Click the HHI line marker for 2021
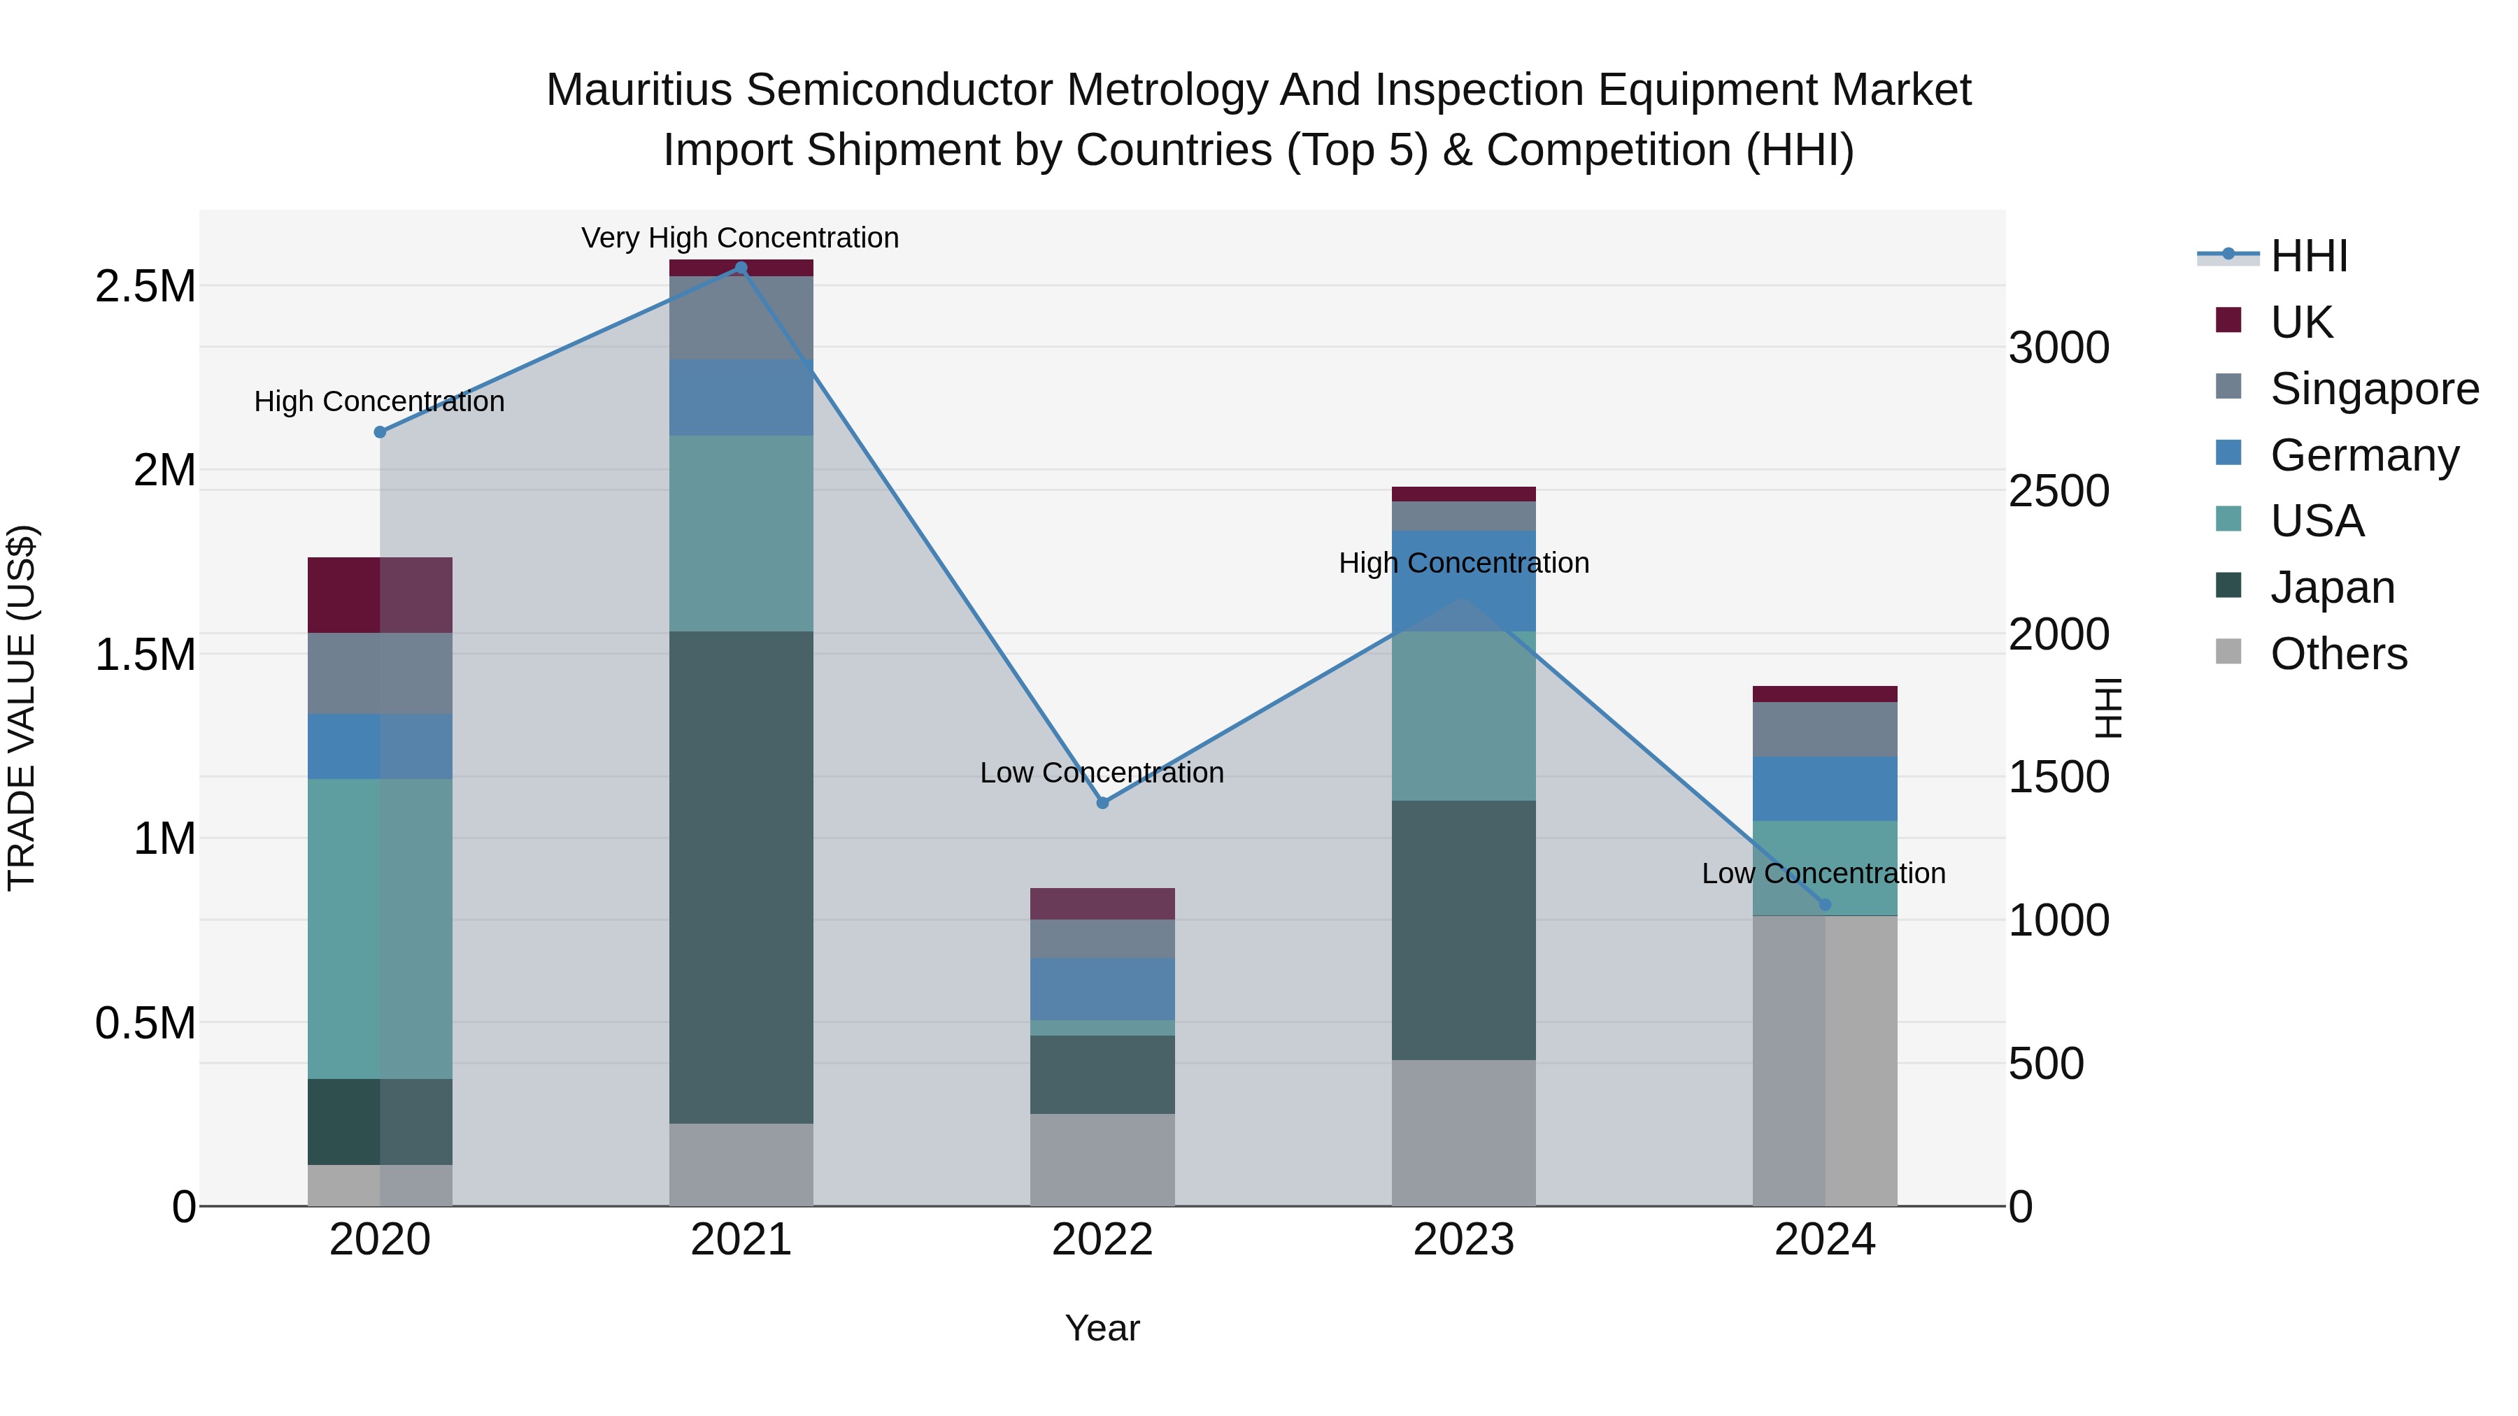coord(740,268)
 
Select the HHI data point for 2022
coord(1102,802)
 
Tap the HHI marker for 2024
coord(1824,905)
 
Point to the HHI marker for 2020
coord(380,432)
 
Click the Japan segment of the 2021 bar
coord(741,877)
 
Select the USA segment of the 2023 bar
coord(1463,715)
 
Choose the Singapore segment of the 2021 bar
coord(741,317)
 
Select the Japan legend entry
coord(2332,587)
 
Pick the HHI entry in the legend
coord(2308,256)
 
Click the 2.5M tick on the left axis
coord(145,287)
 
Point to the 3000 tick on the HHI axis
coord(2058,348)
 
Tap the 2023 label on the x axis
coord(1463,1240)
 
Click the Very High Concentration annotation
coord(740,238)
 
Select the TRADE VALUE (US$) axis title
coord(22,708)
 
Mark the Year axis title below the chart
coord(1102,1328)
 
